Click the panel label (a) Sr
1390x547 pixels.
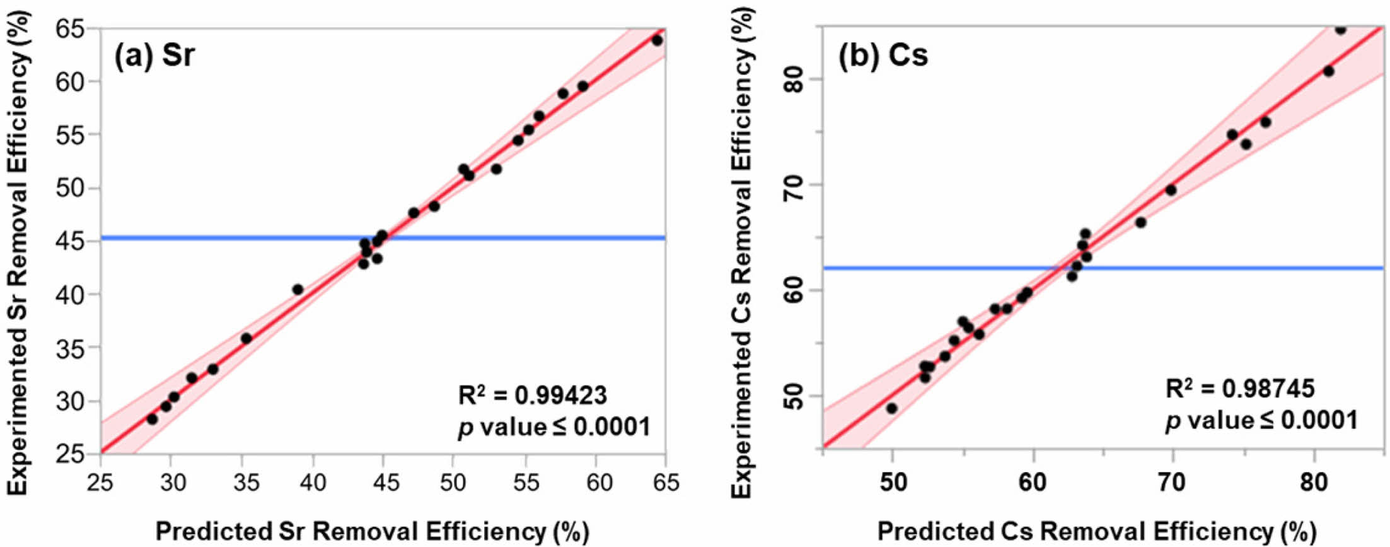(x=154, y=56)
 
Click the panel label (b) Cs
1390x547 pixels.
(x=883, y=56)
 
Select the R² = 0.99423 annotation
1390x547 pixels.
(x=532, y=396)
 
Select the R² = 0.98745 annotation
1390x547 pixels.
(x=1239, y=388)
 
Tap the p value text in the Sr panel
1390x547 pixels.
(x=553, y=428)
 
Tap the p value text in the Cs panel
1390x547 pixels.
(x=1261, y=420)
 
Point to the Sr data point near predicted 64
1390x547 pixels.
(x=657, y=40)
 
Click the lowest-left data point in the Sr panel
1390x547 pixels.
(x=152, y=419)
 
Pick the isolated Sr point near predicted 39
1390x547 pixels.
(x=298, y=290)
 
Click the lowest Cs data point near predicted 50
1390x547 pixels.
(x=891, y=408)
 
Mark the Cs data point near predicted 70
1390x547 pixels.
(x=1171, y=190)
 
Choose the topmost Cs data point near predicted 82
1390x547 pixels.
(x=1340, y=29)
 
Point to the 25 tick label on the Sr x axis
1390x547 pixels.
(x=100, y=483)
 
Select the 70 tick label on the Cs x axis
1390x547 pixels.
(x=1173, y=483)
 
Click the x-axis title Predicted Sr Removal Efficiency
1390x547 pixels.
(x=372, y=532)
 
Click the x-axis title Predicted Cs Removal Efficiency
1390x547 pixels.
(x=1097, y=532)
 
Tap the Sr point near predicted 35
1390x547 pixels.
(x=246, y=339)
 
